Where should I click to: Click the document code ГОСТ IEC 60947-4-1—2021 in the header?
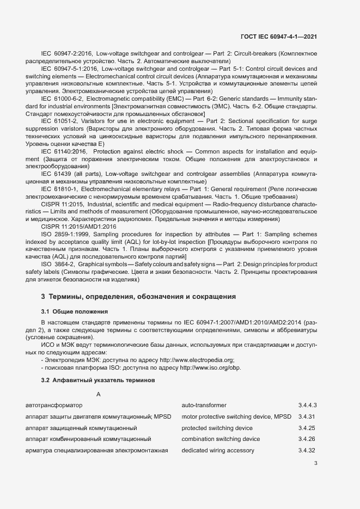coord(279,37)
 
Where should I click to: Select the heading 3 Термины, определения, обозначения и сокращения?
coord(138,297)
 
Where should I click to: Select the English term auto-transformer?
coord(204,406)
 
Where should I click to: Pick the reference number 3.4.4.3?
coord(308,406)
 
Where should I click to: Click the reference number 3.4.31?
coord(307,417)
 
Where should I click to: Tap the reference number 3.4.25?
coord(307,428)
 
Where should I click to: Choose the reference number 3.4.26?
coord(307,439)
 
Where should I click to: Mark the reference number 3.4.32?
coord(307,450)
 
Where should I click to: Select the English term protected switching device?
coord(217,428)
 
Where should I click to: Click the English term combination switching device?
coord(221,439)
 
